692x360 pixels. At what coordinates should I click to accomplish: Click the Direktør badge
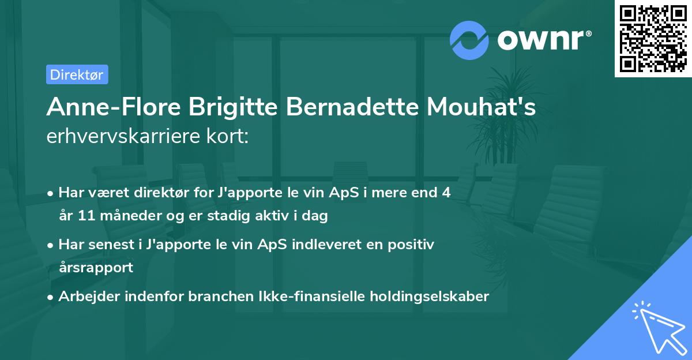pyautogui.click(x=76, y=74)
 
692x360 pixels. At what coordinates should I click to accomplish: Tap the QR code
pyautogui.click(x=653, y=38)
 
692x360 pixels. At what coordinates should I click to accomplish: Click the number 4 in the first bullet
pyautogui.click(x=446, y=192)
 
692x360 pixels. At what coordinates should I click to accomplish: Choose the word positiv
pyautogui.click(x=413, y=244)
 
